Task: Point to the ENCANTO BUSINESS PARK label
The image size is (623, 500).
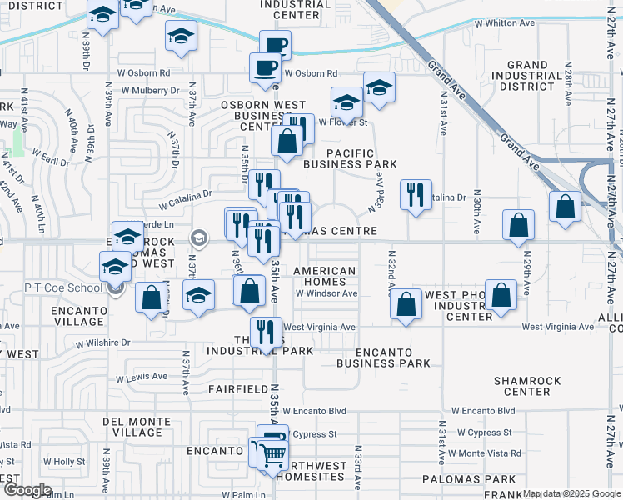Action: click(384, 357)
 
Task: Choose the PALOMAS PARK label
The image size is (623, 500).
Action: click(469, 479)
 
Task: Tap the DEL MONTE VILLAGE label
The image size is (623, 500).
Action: click(132, 427)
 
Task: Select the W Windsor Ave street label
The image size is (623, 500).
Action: click(326, 293)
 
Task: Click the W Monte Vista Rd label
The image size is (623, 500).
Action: click(484, 453)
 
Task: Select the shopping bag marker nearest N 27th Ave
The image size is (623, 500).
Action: click(566, 207)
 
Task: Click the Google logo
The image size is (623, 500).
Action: click(27, 490)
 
